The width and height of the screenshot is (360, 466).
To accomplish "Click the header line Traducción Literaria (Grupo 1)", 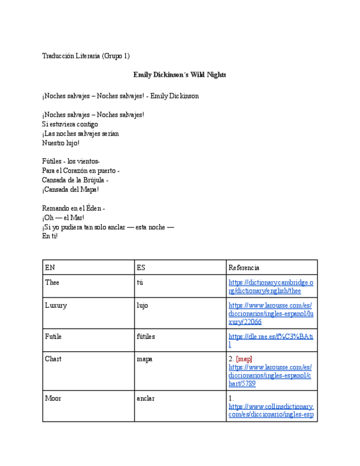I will click(x=86, y=56).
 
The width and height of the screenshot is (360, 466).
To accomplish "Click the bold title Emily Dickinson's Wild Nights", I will click(x=180, y=75).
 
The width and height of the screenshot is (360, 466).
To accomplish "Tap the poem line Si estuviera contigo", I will click(x=70, y=124).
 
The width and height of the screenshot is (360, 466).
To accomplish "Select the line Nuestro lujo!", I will click(x=60, y=143).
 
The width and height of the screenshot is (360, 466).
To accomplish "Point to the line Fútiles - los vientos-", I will click(x=70, y=162).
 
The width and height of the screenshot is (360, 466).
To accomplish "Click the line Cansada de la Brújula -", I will click(x=75, y=180).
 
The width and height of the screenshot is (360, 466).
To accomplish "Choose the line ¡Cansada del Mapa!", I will click(x=70, y=190).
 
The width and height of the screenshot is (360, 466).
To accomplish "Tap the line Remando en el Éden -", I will click(x=73, y=208).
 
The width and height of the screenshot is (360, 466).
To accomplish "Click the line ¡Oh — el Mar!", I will click(x=63, y=218).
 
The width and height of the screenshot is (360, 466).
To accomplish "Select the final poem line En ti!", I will click(x=49, y=236).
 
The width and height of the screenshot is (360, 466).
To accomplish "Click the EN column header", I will click(x=50, y=268).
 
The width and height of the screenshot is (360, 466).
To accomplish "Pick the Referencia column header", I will click(x=244, y=268).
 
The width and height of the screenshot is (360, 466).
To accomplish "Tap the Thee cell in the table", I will click(x=52, y=282).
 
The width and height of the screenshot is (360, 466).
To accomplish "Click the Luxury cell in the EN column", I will click(x=56, y=306).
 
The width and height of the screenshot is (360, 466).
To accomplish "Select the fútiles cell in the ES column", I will click(x=147, y=336).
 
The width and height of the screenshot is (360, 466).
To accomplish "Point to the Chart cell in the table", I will click(x=53, y=359).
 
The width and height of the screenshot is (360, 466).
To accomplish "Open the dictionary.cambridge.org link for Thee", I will click(x=270, y=286).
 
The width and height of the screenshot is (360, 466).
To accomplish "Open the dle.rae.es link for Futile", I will click(x=270, y=340).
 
